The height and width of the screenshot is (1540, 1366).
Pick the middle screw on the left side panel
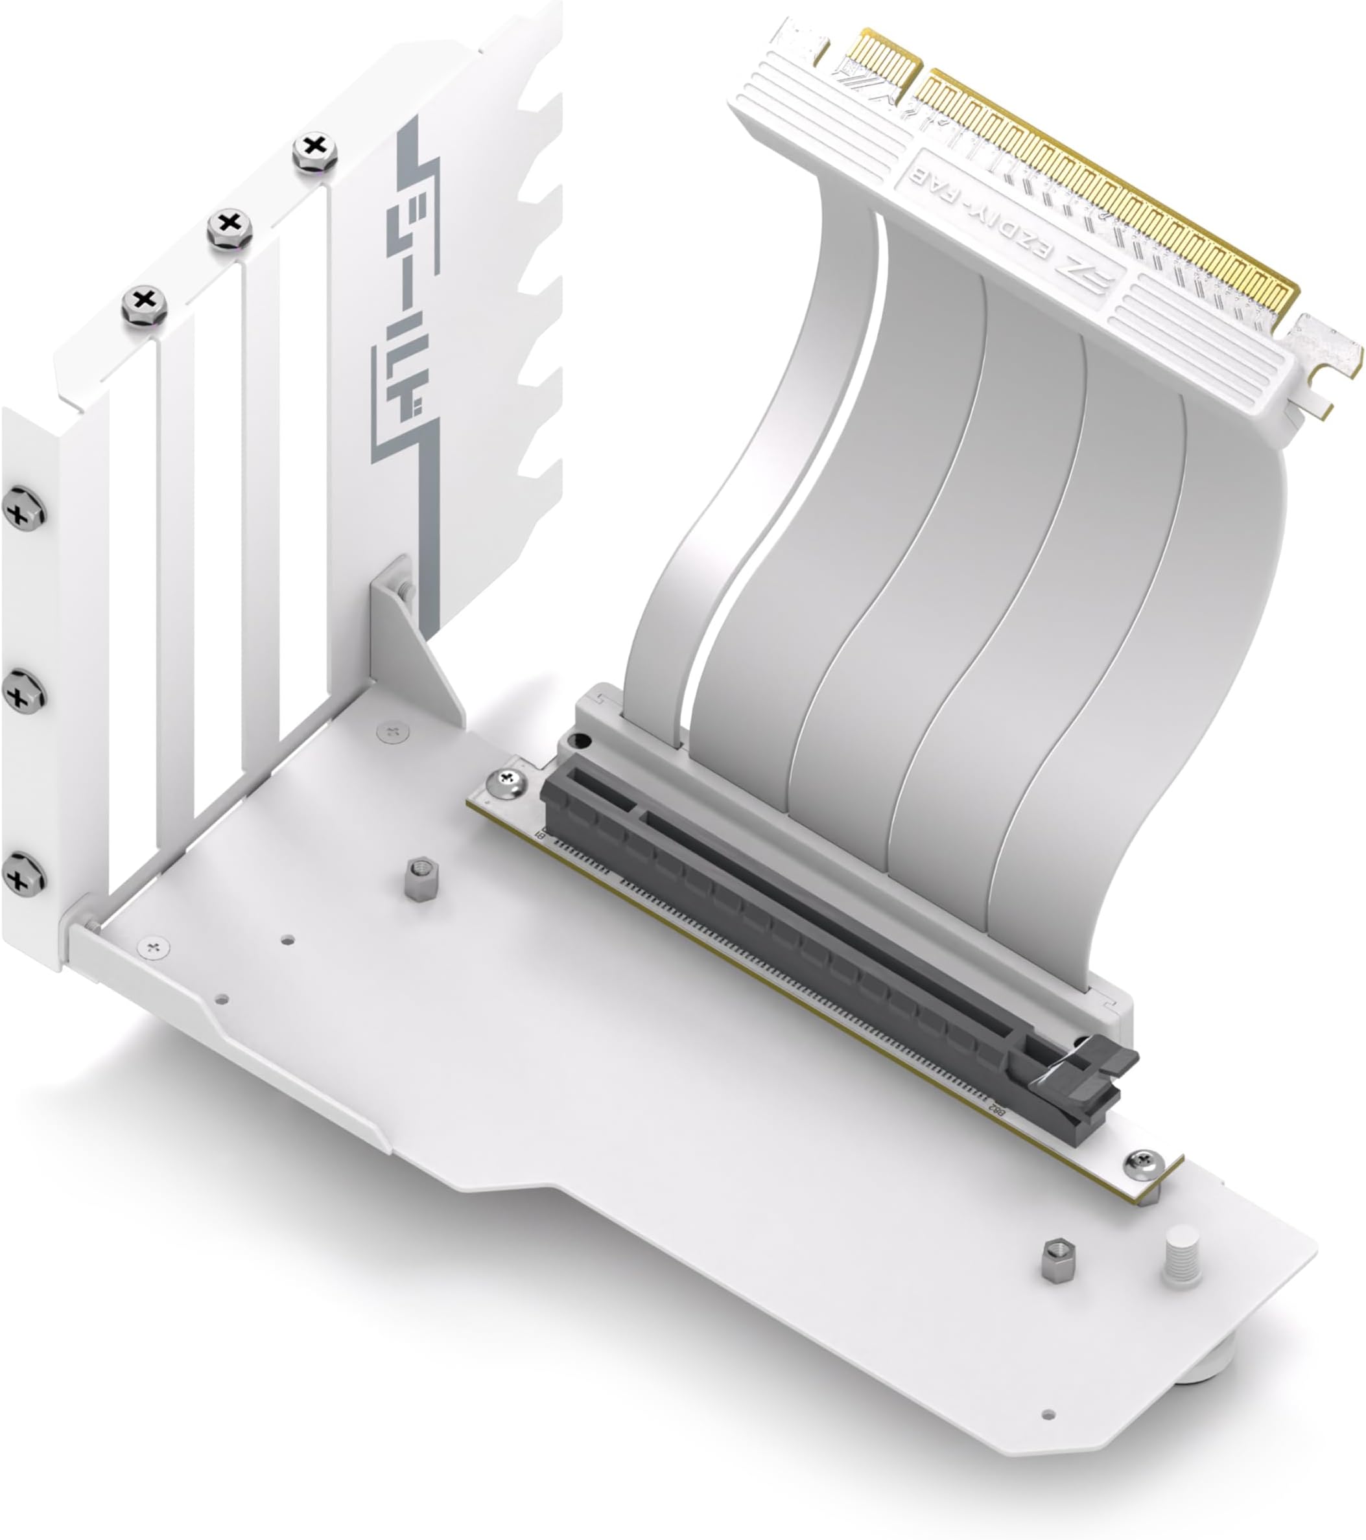[x=23, y=692]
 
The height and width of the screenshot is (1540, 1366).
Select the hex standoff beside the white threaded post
[x=1059, y=1260]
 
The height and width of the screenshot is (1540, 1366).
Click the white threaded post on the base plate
[x=1181, y=1257]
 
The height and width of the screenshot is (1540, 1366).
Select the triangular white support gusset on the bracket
[x=414, y=640]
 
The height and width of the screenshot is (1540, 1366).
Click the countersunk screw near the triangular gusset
[x=392, y=731]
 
